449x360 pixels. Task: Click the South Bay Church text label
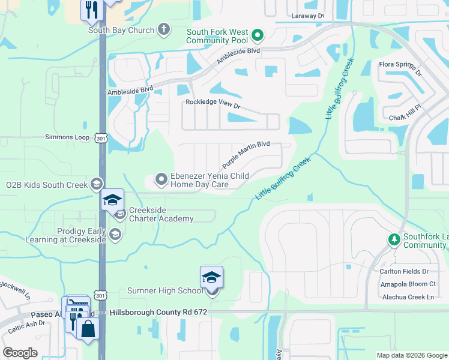coord(121,30)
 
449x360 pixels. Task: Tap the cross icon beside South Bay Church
coord(164,29)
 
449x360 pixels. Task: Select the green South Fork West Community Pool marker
coord(258,35)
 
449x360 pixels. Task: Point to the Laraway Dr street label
coord(307,16)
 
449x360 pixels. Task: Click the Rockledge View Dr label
coord(212,103)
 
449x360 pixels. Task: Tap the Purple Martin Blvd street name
coord(246,155)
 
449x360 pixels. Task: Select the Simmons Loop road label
coord(67,137)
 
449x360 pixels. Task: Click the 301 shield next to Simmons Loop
coord(100,138)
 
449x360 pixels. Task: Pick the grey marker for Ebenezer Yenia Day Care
coord(161,179)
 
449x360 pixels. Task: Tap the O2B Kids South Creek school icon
coord(96,184)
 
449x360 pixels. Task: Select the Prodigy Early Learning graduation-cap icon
coord(115,235)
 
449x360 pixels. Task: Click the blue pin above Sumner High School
coord(211,278)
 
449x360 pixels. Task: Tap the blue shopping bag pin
coord(88,329)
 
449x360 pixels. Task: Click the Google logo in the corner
coord(20,353)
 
